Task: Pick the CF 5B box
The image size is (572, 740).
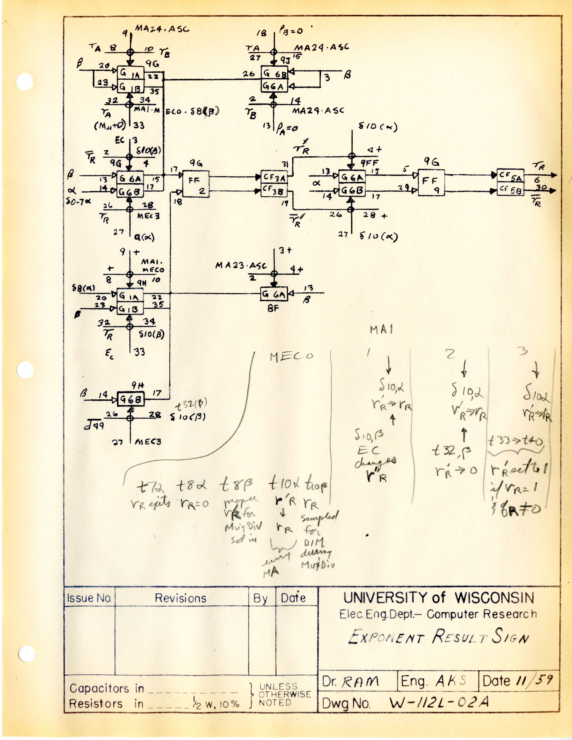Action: (510, 190)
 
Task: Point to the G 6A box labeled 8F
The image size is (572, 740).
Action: (274, 294)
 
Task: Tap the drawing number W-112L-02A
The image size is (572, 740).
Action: (439, 702)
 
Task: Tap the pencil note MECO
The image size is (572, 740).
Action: (291, 356)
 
